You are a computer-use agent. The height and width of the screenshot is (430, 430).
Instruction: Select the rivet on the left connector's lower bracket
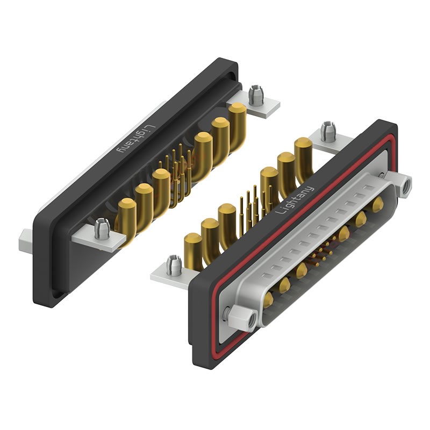[x=100, y=228]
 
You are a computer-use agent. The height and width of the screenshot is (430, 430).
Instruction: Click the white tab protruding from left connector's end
[x=26, y=240]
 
